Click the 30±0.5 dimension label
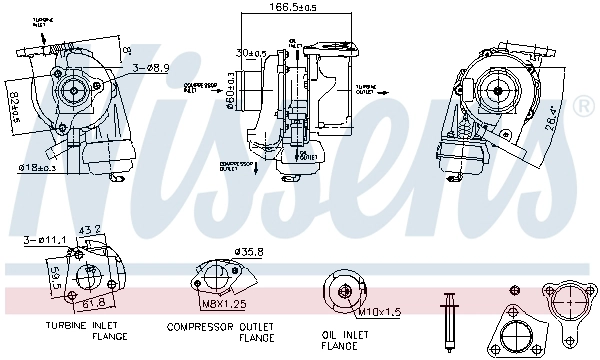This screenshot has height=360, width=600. [249, 53]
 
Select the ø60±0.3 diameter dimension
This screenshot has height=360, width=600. [231, 90]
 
